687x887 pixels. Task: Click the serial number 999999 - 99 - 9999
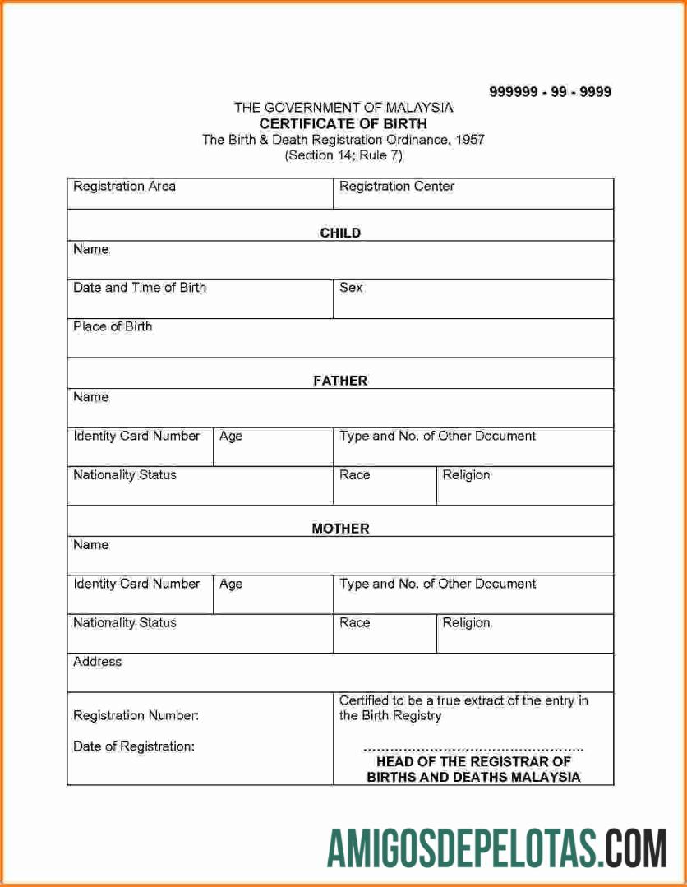pyautogui.click(x=550, y=92)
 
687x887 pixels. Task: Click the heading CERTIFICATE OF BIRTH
pyautogui.click(x=343, y=123)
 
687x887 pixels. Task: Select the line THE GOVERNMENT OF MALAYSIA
pyautogui.click(x=343, y=108)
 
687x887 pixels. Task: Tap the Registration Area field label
pyautogui.click(x=124, y=187)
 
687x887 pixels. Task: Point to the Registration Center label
pyautogui.click(x=396, y=187)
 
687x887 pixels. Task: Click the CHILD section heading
pyautogui.click(x=340, y=233)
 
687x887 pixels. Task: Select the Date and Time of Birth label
pyautogui.click(x=140, y=288)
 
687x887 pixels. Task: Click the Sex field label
pyautogui.click(x=351, y=288)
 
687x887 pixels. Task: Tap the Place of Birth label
pyautogui.click(x=113, y=326)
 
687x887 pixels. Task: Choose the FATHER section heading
pyautogui.click(x=340, y=381)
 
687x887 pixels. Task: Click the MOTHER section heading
pyautogui.click(x=340, y=529)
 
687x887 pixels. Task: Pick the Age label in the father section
pyautogui.click(x=231, y=436)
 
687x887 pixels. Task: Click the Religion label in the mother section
pyautogui.click(x=466, y=622)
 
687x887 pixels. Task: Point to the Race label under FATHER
pyautogui.click(x=354, y=474)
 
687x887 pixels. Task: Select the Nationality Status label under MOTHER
pyautogui.click(x=124, y=622)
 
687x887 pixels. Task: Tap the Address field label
pyautogui.click(x=97, y=661)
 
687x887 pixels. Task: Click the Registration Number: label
pyautogui.click(x=136, y=715)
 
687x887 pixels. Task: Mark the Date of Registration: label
pyautogui.click(x=134, y=746)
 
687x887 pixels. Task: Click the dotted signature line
pyautogui.click(x=473, y=749)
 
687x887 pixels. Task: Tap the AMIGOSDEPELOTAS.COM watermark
pyautogui.click(x=496, y=848)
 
